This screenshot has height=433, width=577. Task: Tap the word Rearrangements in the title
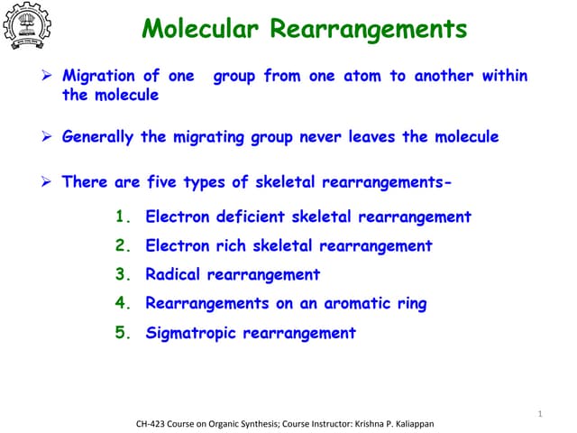(x=369, y=30)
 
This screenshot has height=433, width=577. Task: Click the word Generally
(x=98, y=137)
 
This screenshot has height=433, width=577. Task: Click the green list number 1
(x=124, y=216)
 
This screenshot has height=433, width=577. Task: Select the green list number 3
(x=124, y=274)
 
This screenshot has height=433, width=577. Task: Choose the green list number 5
(x=124, y=333)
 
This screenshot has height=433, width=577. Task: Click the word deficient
(x=248, y=216)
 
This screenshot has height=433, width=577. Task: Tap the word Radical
(x=173, y=274)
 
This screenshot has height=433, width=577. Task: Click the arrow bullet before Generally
(x=50, y=137)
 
